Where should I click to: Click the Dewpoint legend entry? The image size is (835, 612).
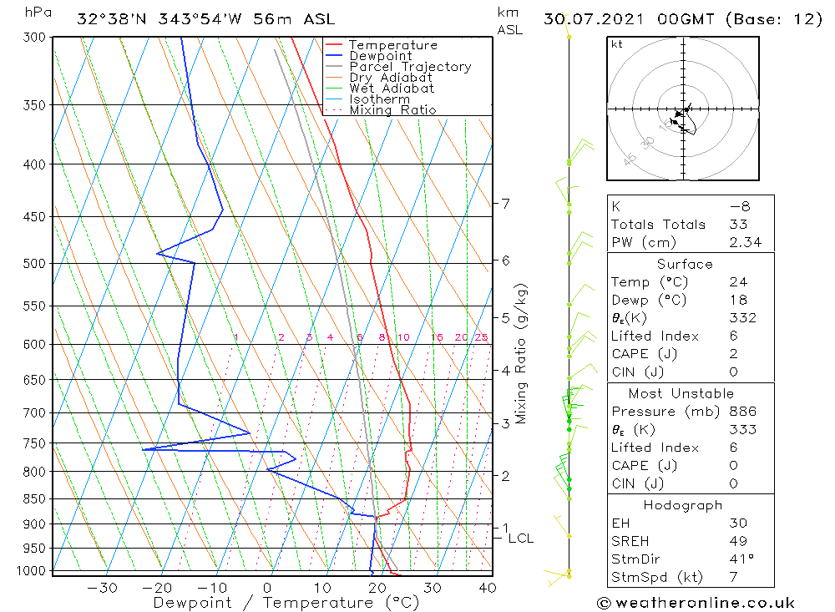click(x=380, y=56)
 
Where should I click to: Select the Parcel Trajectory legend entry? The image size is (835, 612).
click(x=410, y=67)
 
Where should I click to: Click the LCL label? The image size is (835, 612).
click(x=520, y=539)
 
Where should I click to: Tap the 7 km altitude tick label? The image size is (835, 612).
click(x=506, y=203)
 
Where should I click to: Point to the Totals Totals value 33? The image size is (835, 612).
click(x=737, y=225)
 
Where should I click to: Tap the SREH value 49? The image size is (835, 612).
click(x=737, y=541)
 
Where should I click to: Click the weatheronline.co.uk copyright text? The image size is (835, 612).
click(x=696, y=603)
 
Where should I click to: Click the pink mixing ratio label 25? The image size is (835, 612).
click(x=481, y=337)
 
